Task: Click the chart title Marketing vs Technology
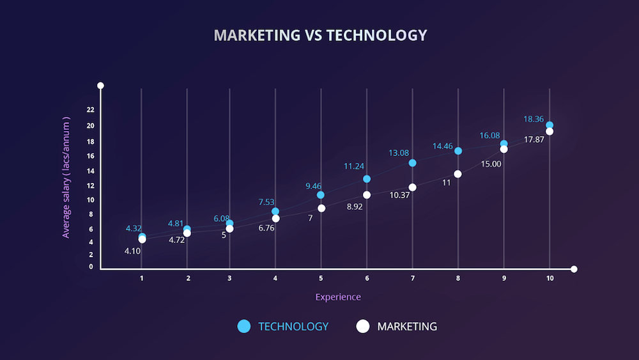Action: click(x=319, y=35)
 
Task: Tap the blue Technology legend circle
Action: click(x=243, y=326)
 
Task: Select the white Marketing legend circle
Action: click(x=363, y=326)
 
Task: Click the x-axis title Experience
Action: click(x=338, y=297)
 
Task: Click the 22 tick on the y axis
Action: click(x=90, y=110)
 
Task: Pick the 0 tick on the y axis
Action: click(x=91, y=267)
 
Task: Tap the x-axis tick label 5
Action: click(x=321, y=278)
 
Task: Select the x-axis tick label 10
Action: click(x=550, y=278)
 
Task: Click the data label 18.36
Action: click(x=534, y=119)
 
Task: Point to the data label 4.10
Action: click(x=132, y=251)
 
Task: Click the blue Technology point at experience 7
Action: click(x=412, y=163)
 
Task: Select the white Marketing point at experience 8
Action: click(x=458, y=174)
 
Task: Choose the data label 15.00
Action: click(x=491, y=164)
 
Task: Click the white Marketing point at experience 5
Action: click(x=321, y=208)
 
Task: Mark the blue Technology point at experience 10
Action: click(x=550, y=125)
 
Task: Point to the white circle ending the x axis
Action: click(x=574, y=269)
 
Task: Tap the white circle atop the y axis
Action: click(x=100, y=86)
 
